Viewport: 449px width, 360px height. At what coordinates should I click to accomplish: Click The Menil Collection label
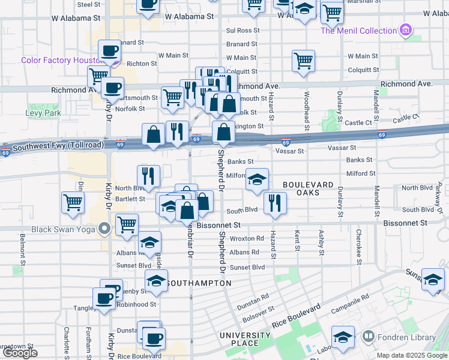tap(358, 31)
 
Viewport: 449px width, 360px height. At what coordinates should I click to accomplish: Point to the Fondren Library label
tap(408, 337)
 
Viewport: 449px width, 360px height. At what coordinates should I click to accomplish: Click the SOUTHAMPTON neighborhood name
tap(196, 282)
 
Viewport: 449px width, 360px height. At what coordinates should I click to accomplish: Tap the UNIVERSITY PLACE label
tap(244, 339)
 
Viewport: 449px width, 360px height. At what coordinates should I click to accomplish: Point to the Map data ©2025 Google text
tap(412, 355)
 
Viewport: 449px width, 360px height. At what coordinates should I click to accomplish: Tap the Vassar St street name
tap(290, 151)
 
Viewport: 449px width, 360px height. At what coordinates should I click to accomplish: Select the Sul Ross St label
tap(243, 30)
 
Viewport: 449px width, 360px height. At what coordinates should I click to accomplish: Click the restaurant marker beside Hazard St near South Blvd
tap(275, 203)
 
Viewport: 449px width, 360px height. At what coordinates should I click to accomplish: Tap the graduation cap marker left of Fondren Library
tap(343, 337)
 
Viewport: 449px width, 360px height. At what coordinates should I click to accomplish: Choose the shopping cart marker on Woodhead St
tap(304, 60)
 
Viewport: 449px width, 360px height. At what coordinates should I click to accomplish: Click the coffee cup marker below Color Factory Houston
tap(112, 88)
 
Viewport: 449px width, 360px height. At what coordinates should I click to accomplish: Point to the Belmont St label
tap(23, 254)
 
